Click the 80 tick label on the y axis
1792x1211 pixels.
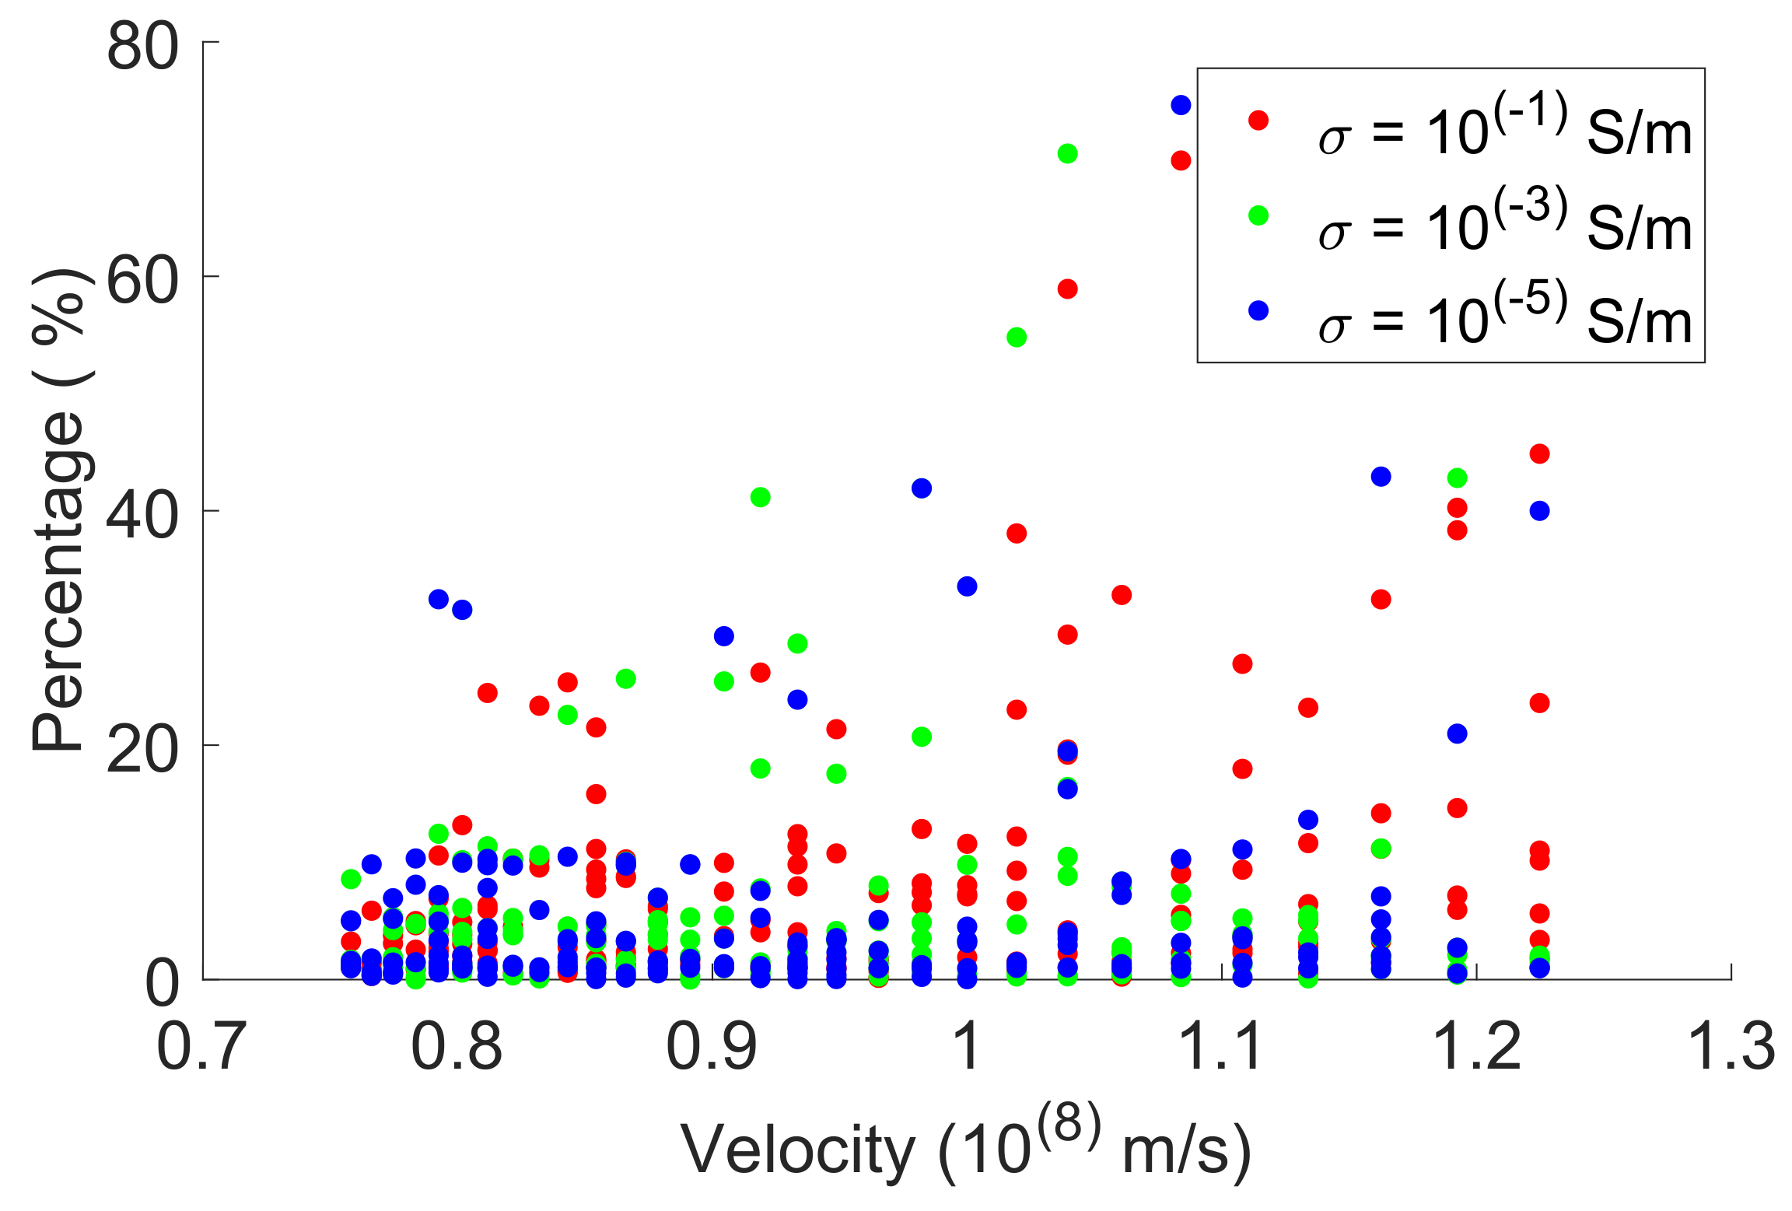[x=142, y=47]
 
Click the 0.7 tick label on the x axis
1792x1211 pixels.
[x=201, y=1046]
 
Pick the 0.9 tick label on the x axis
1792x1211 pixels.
[x=712, y=1046]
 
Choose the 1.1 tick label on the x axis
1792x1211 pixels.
[x=1220, y=1046]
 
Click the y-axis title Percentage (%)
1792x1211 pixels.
[x=58, y=509]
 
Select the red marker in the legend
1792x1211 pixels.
[x=1258, y=121]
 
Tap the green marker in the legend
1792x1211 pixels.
[x=1258, y=215]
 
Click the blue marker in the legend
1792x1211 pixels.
[x=1258, y=310]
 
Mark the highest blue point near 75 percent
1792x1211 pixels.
[x=1181, y=105]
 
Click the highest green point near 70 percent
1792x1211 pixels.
[x=1067, y=153]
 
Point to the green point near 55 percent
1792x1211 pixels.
[x=1016, y=337]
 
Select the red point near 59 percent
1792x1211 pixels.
[x=1067, y=289]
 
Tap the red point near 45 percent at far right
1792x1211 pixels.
[x=1539, y=453]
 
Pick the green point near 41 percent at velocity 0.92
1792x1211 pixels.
[x=760, y=497]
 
